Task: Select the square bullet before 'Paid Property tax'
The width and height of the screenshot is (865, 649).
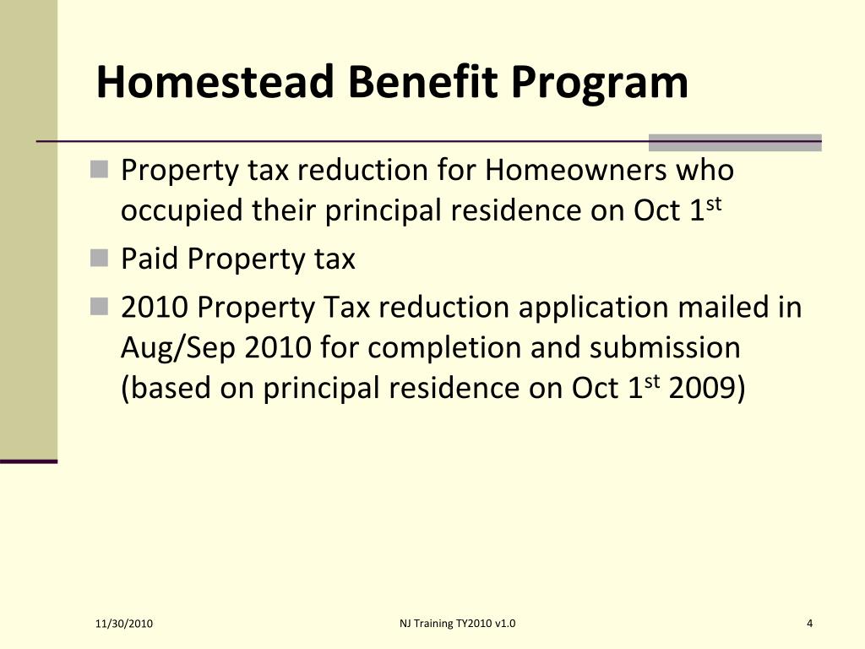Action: pyautogui.click(x=101, y=259)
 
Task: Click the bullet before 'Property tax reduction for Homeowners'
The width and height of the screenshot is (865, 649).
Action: pyautogui.click(x=101, y=170)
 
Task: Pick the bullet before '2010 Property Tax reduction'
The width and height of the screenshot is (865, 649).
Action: pyautogui.click(x=101, y=307)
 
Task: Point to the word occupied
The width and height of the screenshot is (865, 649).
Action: pyautogui.click(x=182, y=211)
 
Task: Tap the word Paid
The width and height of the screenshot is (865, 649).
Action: pyautogui.click(x=150, y=259)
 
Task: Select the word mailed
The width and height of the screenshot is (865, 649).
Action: pyautogui.click(x=724, y=307)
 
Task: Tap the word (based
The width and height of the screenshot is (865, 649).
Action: pyautogui.click(x=166, y=388)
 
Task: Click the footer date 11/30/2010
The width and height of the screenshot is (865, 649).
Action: pyautogui.click(x=124, y=624)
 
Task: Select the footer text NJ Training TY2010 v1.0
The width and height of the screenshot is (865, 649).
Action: pyautogui.click(x=457, y=624)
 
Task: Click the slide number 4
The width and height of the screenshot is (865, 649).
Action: pyautogui.click(x=809, y=624)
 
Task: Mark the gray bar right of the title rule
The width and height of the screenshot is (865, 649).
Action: pyautogui.click(x=734, y=142)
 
